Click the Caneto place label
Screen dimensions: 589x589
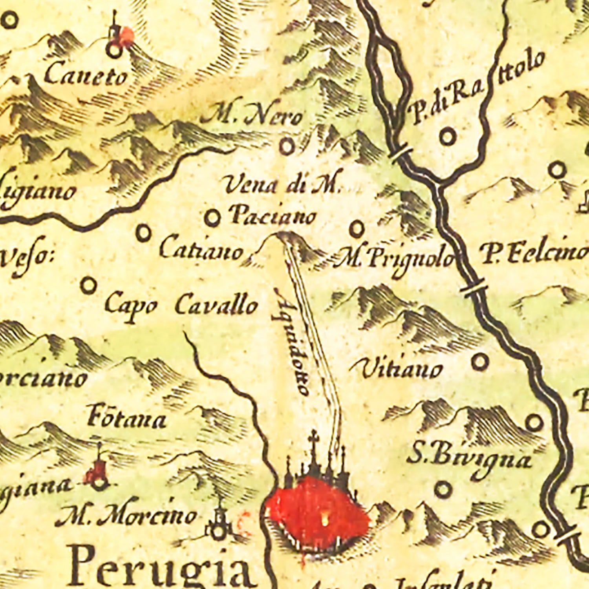coord(86,75)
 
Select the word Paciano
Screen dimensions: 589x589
coord(273,216)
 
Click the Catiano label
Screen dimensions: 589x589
coord(201,250)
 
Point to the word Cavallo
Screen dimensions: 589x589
coord(216,305)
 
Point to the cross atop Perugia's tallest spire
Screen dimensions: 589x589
coord(313,436)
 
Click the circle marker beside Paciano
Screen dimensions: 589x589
coord(212,217)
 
